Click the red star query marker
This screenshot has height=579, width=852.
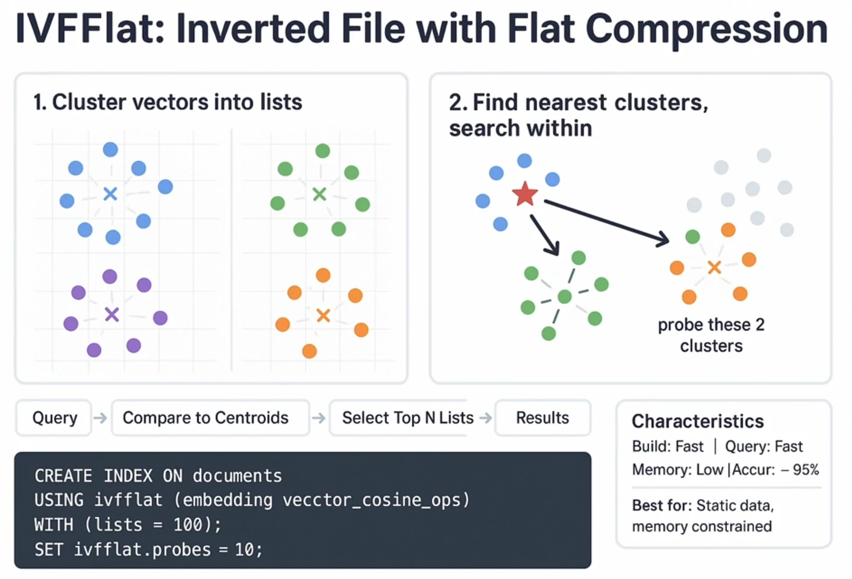[x=525, y=194]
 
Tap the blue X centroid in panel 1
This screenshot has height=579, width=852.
[x=110, y=194]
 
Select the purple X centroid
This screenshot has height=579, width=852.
[x=112, y=315]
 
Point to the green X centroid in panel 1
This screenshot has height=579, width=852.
[x=319, y=194]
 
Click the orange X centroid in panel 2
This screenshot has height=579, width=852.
[x=714, y=268]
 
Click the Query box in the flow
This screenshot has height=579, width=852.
[x=54, y=418]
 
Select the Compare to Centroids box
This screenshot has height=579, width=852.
[x=210, y=418]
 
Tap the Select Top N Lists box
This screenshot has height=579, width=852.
[x=399, y=418]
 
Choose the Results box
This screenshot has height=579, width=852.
[x=543, y=418]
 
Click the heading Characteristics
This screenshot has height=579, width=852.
[x=698, y=421]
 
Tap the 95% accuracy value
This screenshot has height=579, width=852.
[x=806, y=470]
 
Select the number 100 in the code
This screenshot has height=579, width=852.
[x=188, y=525]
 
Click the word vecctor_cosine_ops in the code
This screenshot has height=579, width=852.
[x=372, y=500]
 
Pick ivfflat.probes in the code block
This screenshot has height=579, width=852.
[x=142, y=549]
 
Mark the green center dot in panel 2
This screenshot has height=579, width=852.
[x=565, y=296]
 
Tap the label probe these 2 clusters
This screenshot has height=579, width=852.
[x=711, y=335]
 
